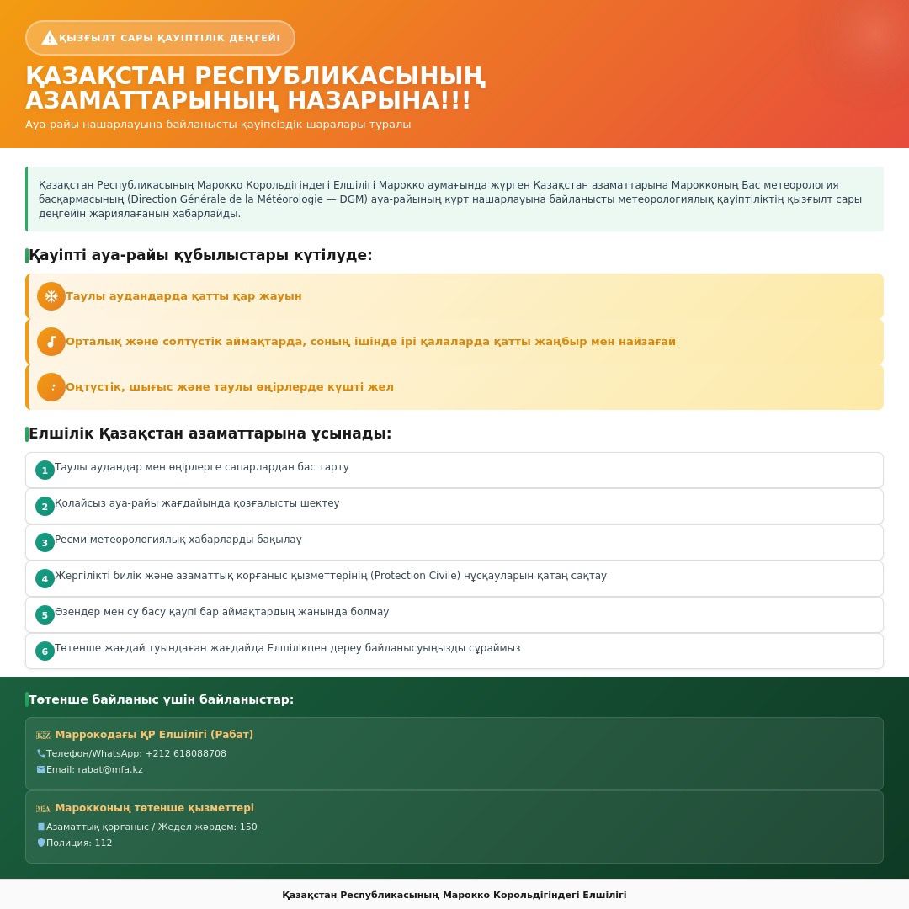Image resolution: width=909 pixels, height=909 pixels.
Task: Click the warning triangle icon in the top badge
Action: tap(49, 38)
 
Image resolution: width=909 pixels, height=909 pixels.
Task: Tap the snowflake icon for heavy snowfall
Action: tap(51, 296)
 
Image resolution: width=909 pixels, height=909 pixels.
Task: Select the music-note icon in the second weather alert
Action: tap(51, 342)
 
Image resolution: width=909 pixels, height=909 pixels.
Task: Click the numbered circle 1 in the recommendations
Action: tap(45, 470)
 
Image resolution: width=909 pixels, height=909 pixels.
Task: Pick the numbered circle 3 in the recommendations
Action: tap(45, 543)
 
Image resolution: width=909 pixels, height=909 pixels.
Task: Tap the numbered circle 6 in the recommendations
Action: tap(45, 651)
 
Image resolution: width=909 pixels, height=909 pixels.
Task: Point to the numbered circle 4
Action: tap(45, 579)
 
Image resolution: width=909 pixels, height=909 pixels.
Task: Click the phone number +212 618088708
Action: tap(185, 754)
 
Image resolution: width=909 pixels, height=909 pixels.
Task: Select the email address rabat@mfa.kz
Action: tap(110, 770)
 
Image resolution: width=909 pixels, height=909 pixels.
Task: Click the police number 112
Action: tap(103, 843)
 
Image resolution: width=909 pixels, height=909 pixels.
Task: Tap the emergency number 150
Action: tap(248, 827)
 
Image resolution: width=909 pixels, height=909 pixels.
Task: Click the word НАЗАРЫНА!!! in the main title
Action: tap(379, 101)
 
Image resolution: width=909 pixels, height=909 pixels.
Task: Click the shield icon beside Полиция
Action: tap(41, 843)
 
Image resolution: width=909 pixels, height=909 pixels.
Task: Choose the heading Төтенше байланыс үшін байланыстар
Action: tap(161, 699)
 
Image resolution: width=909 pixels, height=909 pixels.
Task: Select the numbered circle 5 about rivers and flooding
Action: tap(45, 615)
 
